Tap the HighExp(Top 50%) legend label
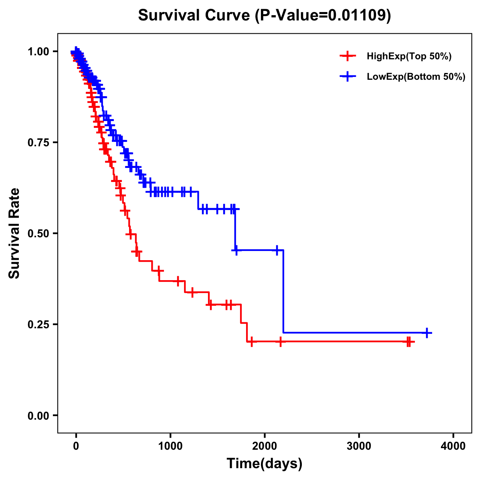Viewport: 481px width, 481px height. pos(409,57)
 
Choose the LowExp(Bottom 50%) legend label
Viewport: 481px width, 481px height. pos(416,77)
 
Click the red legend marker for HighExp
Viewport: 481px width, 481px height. pos(348,56)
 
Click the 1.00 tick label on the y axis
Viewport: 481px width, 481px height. pos(38,52)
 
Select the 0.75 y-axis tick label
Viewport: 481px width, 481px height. pos(38,143)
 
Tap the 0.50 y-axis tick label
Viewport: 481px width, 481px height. pos(38,234)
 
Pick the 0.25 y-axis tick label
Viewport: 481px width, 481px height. pos(38,325)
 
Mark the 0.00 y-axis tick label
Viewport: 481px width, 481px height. pos(38,416)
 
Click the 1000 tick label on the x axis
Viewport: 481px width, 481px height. pos(170,446)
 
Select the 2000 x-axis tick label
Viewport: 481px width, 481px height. pos(265,446)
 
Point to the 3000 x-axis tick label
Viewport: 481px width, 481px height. pos(359,446)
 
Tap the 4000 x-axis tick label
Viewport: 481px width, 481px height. pos(453,446)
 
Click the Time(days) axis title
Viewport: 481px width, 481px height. pos(265,464)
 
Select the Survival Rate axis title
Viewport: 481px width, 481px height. pos(14,233)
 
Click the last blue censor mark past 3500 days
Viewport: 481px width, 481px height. pos(427,333)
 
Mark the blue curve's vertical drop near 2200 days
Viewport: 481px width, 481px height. pos(283,291)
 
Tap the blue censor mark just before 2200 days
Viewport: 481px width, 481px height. pos(277,250)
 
